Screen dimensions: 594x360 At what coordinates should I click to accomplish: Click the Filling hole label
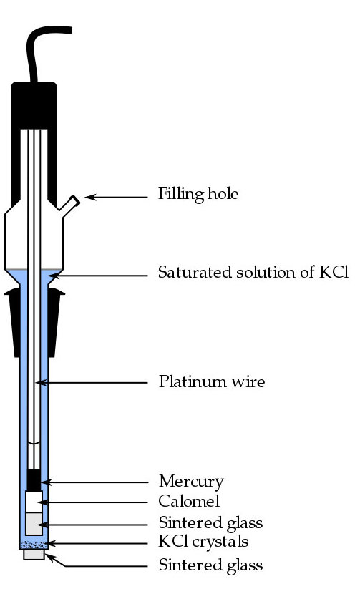(198, 194)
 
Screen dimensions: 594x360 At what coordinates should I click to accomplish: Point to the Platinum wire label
(211, 382)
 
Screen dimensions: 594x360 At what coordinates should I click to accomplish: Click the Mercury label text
(190, 481)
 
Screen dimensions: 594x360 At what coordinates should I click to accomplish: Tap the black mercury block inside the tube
(34, 480)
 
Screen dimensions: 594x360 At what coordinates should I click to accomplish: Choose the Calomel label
(188, 501)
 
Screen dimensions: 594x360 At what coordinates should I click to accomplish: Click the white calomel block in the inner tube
(34, 501)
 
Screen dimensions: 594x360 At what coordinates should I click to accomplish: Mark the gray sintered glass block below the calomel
(34, 523)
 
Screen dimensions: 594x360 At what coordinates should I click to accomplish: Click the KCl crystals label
(203, 542)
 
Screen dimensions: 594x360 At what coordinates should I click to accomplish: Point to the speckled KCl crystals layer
(34, 545)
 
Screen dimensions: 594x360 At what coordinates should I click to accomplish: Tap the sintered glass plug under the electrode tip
(34, 555)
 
